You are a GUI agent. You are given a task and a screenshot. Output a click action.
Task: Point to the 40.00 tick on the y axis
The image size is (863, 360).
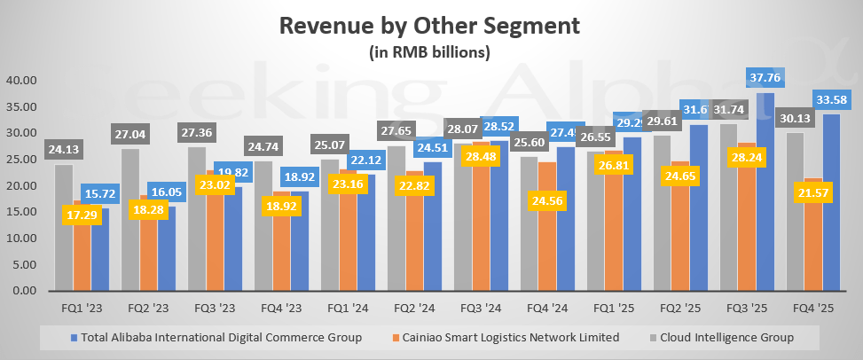(x=20, y=81)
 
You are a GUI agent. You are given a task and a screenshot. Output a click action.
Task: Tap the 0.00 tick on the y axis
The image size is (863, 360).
(x=23, y=291)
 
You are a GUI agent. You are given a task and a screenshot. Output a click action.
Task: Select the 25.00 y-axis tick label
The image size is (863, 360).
(x=20, y=160)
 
